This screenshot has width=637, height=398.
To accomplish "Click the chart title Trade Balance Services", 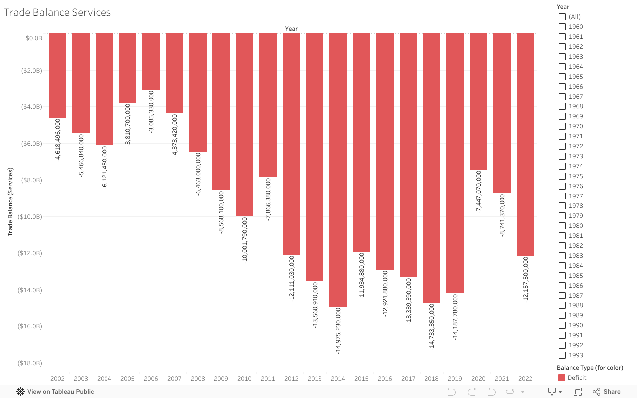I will point(57,13).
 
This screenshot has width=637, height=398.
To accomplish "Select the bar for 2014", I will point(338,169).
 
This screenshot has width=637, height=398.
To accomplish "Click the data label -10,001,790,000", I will point(245,240).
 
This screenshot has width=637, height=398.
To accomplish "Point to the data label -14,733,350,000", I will point(432,327).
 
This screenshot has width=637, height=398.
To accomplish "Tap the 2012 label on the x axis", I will point(291,379).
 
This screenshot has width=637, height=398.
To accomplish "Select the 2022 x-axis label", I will point(525,379).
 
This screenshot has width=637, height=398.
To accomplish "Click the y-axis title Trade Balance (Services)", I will point(10,201).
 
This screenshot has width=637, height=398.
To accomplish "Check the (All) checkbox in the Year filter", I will point(562,17).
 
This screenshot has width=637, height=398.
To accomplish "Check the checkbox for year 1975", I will point(562,176).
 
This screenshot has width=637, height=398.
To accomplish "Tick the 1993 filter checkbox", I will point(562,355).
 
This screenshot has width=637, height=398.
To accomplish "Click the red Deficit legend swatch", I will point(562,378).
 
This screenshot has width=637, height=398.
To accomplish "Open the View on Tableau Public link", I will point(55,392).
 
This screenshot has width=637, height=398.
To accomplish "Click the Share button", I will point(607,392).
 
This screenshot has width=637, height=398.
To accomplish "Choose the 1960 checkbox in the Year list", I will point(562,27).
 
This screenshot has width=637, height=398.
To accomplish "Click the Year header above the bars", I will point(291,29).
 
